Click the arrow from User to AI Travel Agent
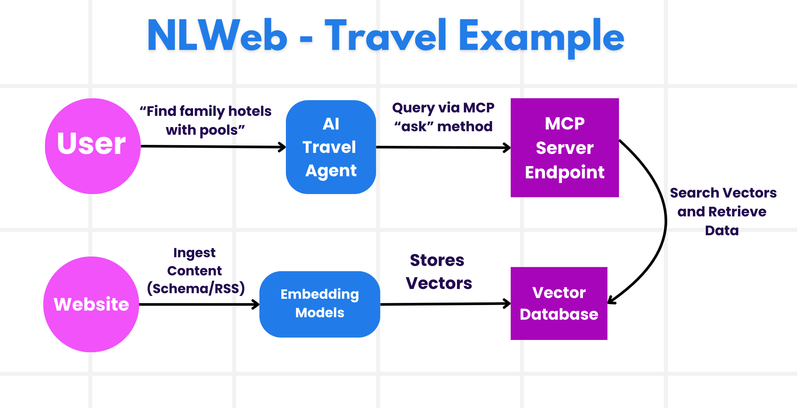click(x=213, y=147)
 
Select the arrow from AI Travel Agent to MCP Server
click(x=443, y=147)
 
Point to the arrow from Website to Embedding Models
click(x=199, y=304)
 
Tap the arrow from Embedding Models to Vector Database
click(x=445, y=304)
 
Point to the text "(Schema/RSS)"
click(x=196, y=289)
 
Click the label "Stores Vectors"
click(x=438, y=272)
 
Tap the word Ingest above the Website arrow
click(x=194, y=253)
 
